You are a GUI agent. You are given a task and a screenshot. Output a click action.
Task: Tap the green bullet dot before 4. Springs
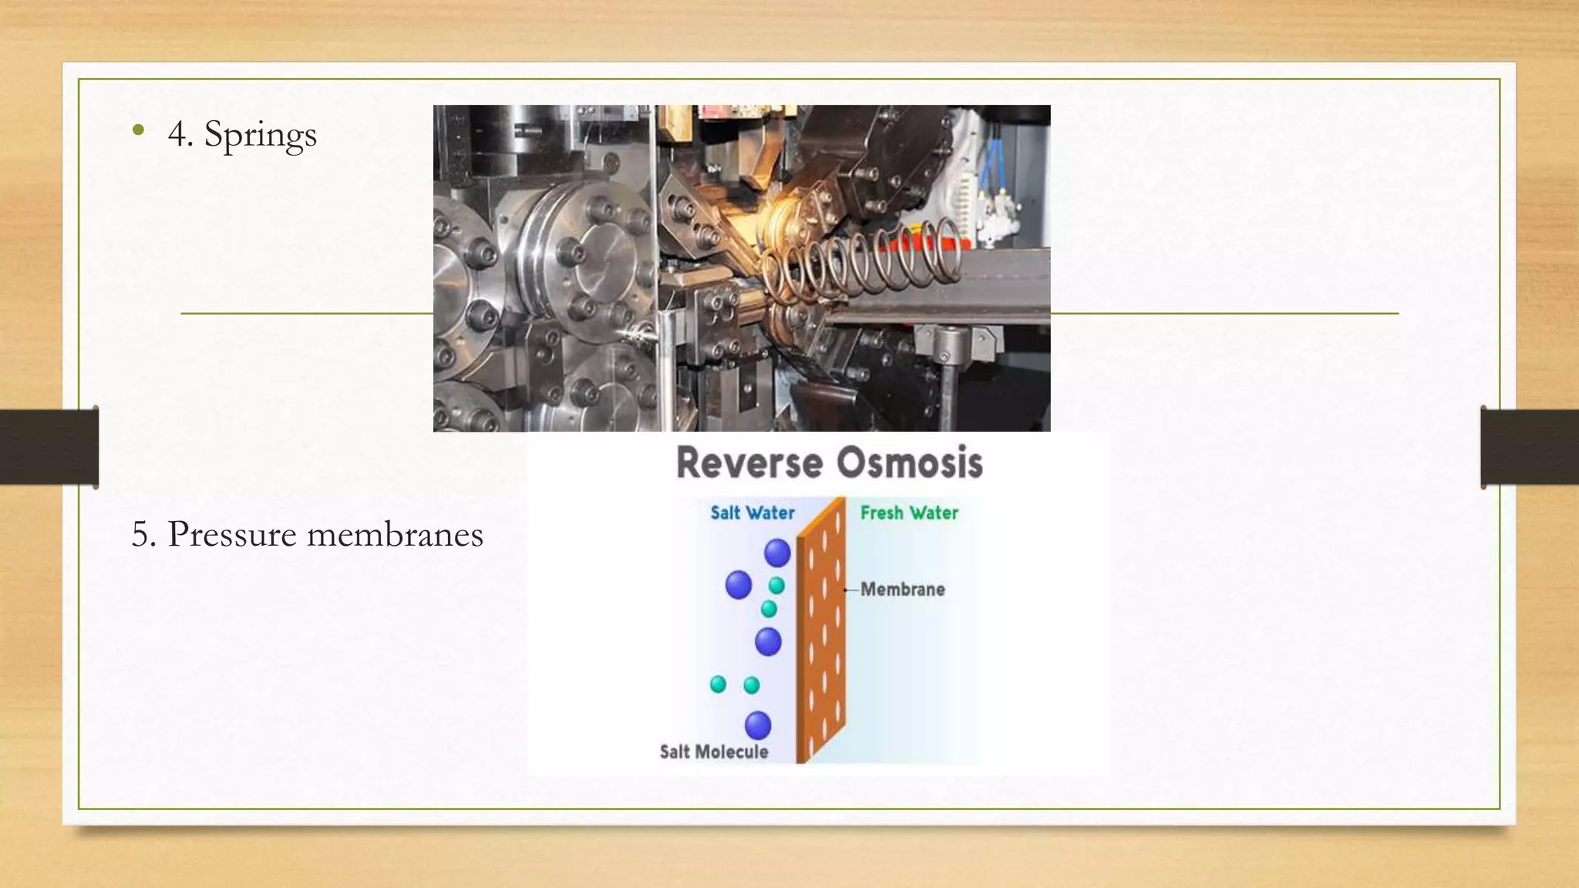(x=138, y=130)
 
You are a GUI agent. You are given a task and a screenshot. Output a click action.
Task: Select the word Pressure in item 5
(x=231, y=534)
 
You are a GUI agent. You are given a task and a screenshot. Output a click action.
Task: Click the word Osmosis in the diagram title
(x=910, y=463)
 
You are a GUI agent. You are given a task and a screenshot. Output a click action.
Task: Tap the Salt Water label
(x=752, y=513)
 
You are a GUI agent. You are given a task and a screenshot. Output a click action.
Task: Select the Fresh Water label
(x=909, y=513)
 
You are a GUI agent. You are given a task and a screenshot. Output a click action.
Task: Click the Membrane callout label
(x=902, y=590)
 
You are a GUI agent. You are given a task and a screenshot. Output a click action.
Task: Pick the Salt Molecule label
(x=714, y=752)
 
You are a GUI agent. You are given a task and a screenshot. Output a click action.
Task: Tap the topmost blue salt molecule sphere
(x=777, y=553)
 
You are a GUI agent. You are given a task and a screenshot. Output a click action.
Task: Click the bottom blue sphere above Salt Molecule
(x=758, y=725)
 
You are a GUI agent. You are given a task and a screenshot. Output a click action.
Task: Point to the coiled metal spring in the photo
(x=864, y=258)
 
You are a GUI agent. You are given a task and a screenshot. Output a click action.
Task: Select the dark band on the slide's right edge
(x=1530, y=447)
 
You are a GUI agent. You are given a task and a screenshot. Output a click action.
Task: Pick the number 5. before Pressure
(x=143, y=534)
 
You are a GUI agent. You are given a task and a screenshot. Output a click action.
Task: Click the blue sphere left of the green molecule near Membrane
(x=739, y=585)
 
